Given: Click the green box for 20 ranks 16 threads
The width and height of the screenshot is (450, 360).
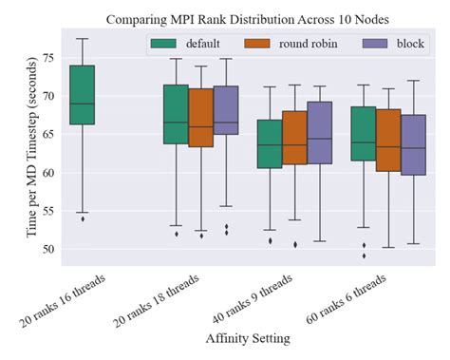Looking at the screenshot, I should coord(83,95).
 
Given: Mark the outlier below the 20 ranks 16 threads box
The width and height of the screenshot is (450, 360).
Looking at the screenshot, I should coord(83,219).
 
